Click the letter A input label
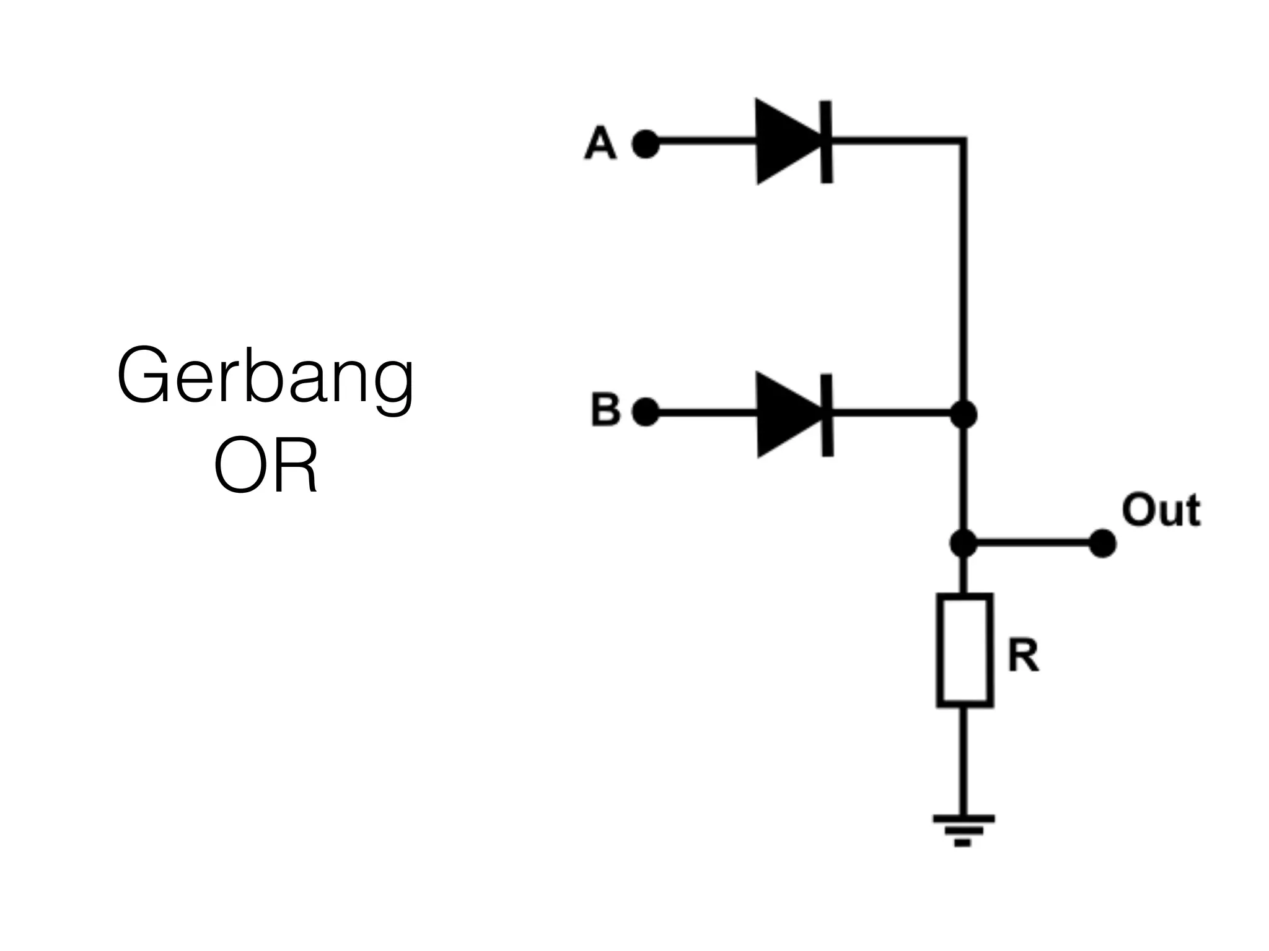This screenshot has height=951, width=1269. click(600, 144)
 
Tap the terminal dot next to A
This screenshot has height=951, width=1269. click(645, 144)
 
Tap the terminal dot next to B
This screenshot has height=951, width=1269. click(645, 412)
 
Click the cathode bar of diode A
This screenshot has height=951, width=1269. click(827, 142)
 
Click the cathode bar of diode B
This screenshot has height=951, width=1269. click(827, 415)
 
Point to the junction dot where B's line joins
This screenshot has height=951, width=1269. click(964, 414)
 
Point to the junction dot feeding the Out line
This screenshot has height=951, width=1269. click(963, 544)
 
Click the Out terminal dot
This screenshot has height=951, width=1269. click(1102, 544)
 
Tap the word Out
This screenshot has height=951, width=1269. click(1161, 511)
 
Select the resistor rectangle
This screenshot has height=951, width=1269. click(964, 650)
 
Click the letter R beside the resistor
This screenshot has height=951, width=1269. click(1022, 656)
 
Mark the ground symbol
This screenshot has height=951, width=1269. click(964, 829)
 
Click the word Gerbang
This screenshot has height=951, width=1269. click(265, 376)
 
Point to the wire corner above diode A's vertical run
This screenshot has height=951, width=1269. click(964, 141)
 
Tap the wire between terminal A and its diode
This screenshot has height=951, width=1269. click(706, 142)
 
